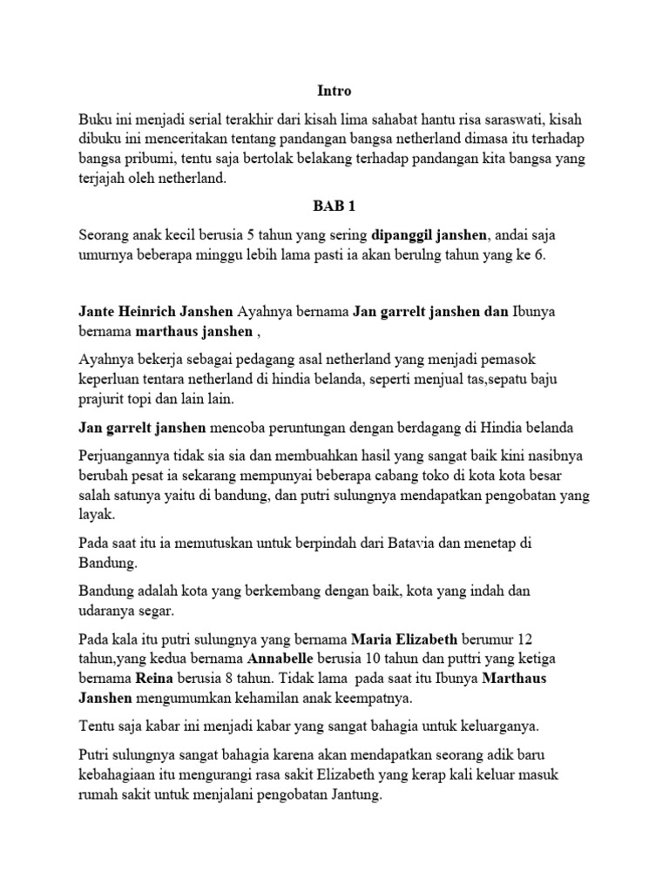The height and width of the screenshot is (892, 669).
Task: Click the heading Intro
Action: click(x=334, y=91)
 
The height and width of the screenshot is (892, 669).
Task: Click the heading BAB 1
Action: click(x=334, y=206)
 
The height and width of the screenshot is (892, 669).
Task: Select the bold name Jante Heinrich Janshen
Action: click(x=156, y=312)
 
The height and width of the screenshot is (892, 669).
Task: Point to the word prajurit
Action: click(x=107, y=399)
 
